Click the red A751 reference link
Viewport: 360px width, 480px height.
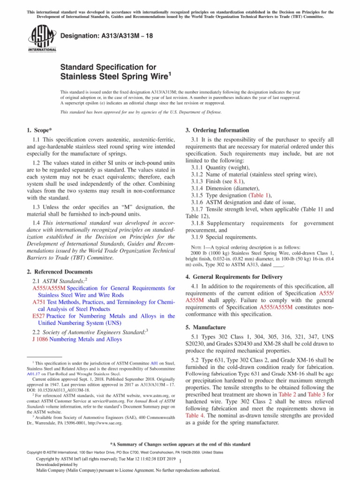pos(38,303)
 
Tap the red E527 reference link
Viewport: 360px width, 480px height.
pos(38,316)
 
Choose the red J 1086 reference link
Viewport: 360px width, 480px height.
pos(37,339)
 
